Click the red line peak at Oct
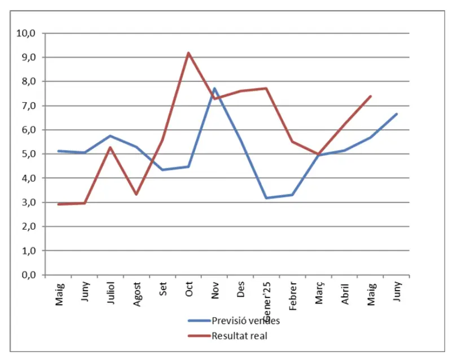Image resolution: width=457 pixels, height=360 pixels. tap(188, 53)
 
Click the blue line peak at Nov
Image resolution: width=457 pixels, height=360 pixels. tap(214, 88)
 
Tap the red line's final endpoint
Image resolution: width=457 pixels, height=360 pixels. tap(371, 96)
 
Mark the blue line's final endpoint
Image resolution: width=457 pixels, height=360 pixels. tap(397, 114)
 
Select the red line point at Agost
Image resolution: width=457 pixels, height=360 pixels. tap(137, 194)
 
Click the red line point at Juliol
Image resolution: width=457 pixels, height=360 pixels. tap(111, 147)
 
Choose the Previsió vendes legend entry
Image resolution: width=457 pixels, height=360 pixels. tap(246, 321)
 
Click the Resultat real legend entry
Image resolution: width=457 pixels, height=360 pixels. tap(239, 336)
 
